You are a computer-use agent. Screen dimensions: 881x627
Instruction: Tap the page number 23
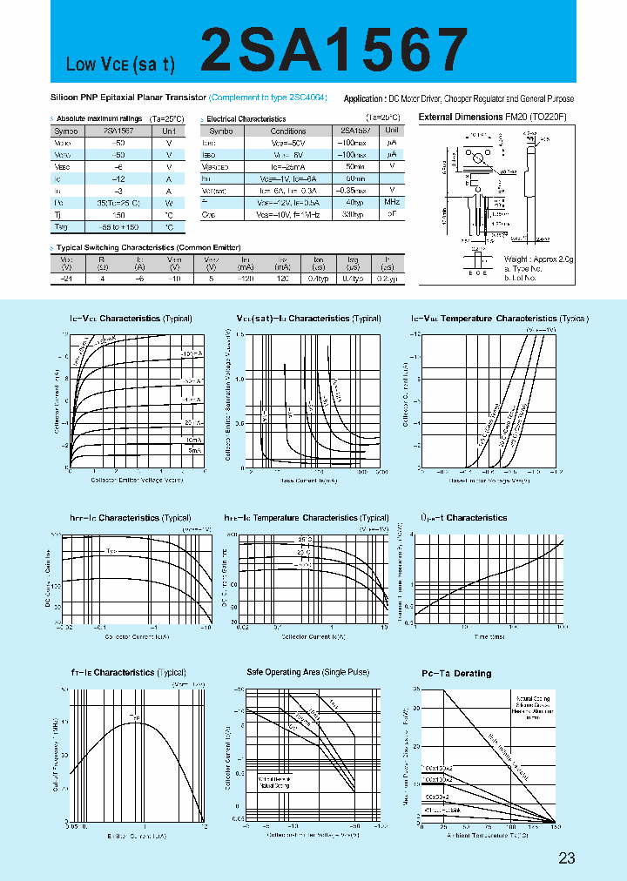click(x=567, y=858)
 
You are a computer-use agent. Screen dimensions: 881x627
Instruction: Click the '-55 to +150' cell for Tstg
click(x=119, y=227)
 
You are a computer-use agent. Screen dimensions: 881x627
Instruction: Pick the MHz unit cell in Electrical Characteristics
click(x=393, y=201)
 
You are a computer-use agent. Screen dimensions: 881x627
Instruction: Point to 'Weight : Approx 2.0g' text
click(x=540, y=259)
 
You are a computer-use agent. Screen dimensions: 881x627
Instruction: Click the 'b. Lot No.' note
click(x=523, y=277)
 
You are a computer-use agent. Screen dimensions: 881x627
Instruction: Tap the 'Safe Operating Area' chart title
click(x=307, y=673)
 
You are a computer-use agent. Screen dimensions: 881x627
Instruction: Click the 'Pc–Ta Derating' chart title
click(x=456, y=674)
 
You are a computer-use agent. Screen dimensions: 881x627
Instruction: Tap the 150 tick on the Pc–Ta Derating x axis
click(x=555, y=826)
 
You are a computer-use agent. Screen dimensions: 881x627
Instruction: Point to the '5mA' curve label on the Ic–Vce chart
click(x=192, y=450)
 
